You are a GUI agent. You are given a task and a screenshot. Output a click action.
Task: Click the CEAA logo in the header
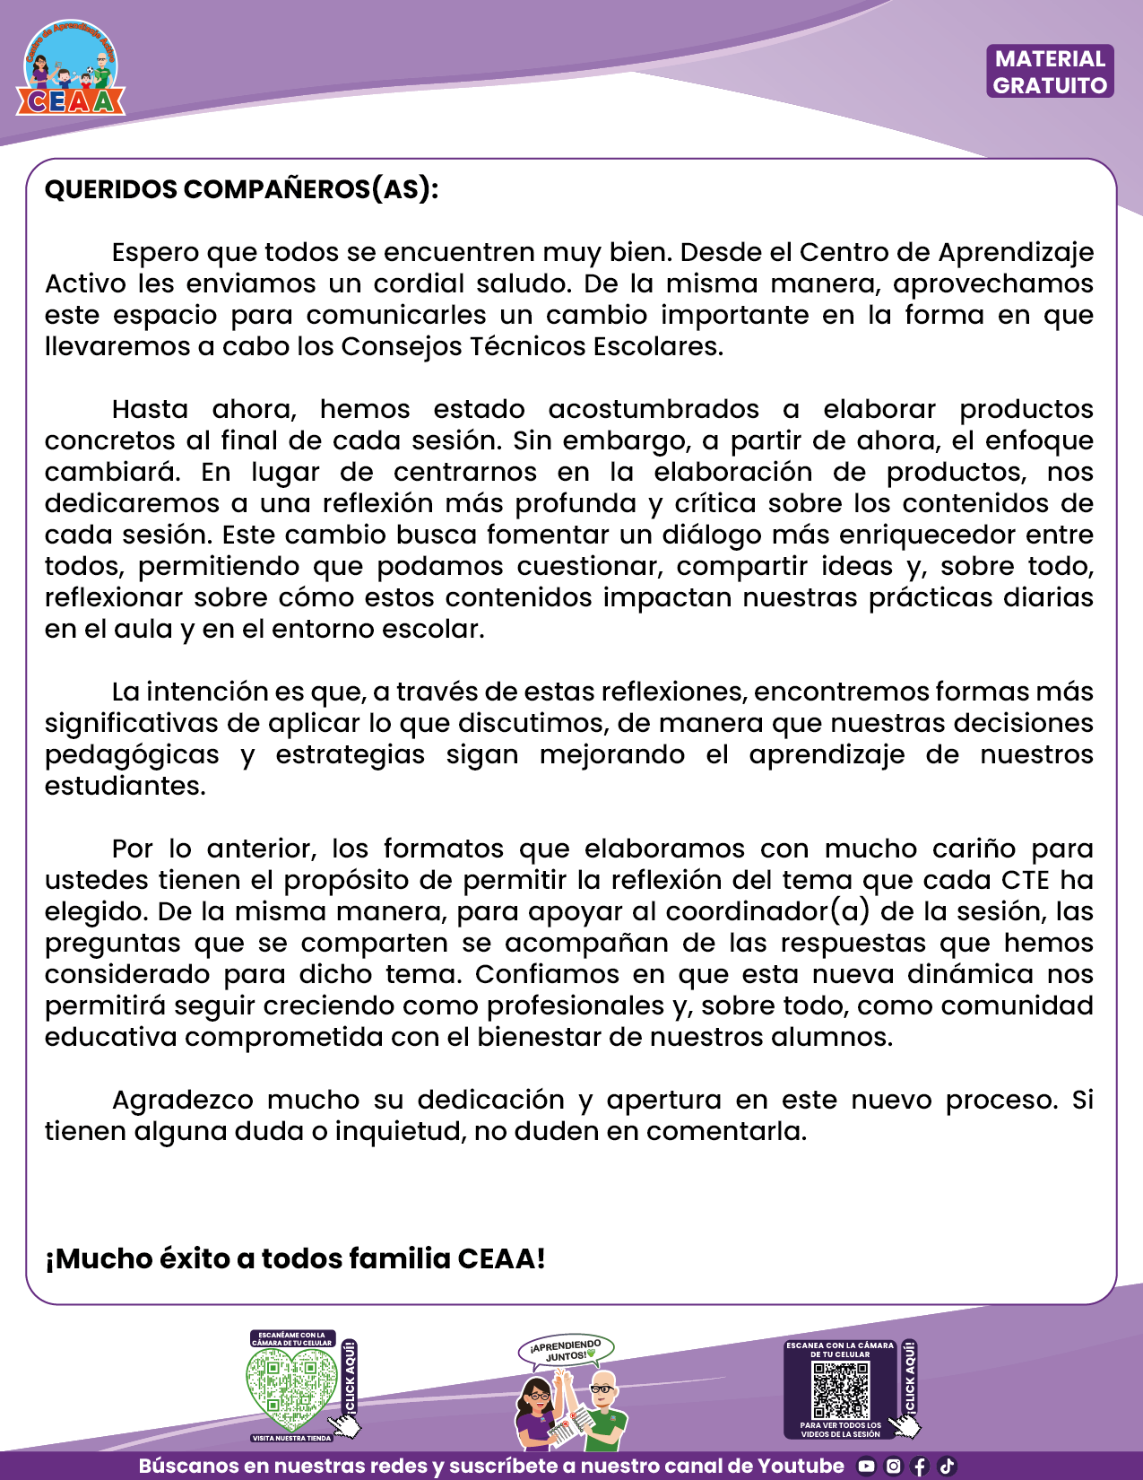click(71, 70)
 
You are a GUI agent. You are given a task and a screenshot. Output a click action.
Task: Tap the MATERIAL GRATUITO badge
click(1050, 72)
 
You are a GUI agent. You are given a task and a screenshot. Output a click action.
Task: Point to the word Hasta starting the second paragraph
click(150, 409)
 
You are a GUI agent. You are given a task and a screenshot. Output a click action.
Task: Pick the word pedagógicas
click(132, 754)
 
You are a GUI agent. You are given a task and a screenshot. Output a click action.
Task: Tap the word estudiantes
click(125, 786)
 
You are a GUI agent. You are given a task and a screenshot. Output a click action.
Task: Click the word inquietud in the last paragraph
click(399, 1131)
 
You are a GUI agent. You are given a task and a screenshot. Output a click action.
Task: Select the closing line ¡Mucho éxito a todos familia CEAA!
click(295, 1258)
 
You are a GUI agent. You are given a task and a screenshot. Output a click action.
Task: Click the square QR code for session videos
click(840, 1389)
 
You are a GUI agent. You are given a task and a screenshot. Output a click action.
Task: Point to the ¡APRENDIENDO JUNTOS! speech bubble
click(566, 1350)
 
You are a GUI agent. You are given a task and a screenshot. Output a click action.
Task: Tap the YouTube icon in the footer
click(866, 1467)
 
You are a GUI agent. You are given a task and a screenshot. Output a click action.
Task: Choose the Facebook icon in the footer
click(919, 1467)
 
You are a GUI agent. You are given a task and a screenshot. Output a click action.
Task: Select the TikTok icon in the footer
click(946, 1467)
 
